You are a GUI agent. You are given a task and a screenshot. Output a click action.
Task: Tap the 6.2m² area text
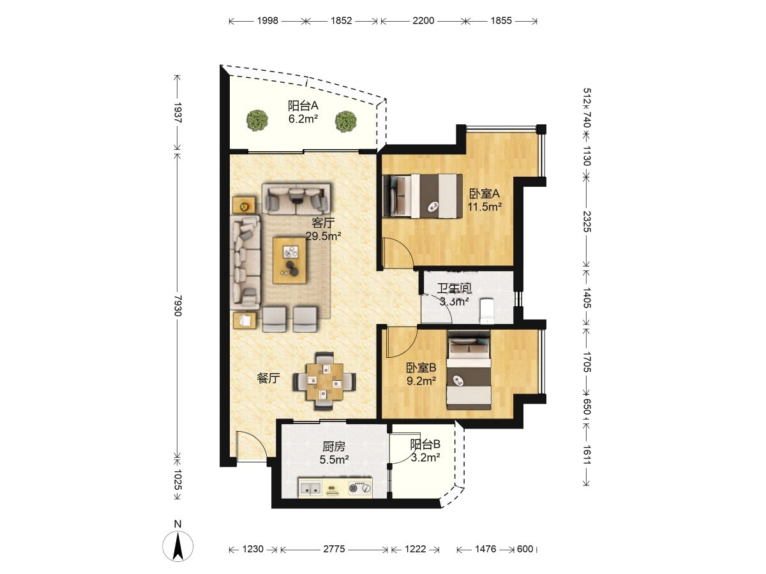pyautogui.click(x=303, y=119)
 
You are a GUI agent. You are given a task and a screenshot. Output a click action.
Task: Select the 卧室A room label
pyautogui.click(x=484, y=193)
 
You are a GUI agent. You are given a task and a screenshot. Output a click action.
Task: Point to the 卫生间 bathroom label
pyautogui.click(x=454, y=288)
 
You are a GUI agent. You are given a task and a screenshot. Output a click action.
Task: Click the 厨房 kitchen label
pyautogui.click(x=334, y=446)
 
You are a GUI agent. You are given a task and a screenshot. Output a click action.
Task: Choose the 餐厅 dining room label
pyautogui.click(x=268, y=378)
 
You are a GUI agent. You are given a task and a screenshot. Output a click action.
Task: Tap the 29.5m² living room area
pyautogui.click(x=323, y=236)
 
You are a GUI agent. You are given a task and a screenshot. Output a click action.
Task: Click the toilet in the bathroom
pyautogui.click(x=486, y=311)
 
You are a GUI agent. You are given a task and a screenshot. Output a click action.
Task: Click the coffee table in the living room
pyautogui.click(x=290, y=260)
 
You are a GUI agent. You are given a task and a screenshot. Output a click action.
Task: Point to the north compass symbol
pyautogui.click(x=178, y=546)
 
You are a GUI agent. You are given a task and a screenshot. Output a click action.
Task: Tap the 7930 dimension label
pyautogui.click(x=177, y=305)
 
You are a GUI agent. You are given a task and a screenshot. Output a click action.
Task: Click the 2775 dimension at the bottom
pyautogui.click(x=334, y=549)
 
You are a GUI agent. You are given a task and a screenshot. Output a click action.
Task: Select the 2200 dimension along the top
pyautogui.click(x=423, y=20)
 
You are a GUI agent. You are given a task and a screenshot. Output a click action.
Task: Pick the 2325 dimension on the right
pyautogui.click(x=586, y=222)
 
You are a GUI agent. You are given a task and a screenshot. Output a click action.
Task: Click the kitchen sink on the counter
pyautogui.click(x=311, y=489)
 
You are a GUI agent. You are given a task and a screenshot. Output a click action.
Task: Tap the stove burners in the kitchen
pyautogui.click(x=360, y=488)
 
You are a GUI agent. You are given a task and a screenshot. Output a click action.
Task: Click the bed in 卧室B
pyautogui.click(x=469, y=370)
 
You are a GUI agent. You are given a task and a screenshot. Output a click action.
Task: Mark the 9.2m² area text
pyautogui.click(x=421, y=381)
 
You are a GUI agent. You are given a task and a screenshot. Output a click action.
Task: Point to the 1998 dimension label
pyautogui.click(x=267, y=20)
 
